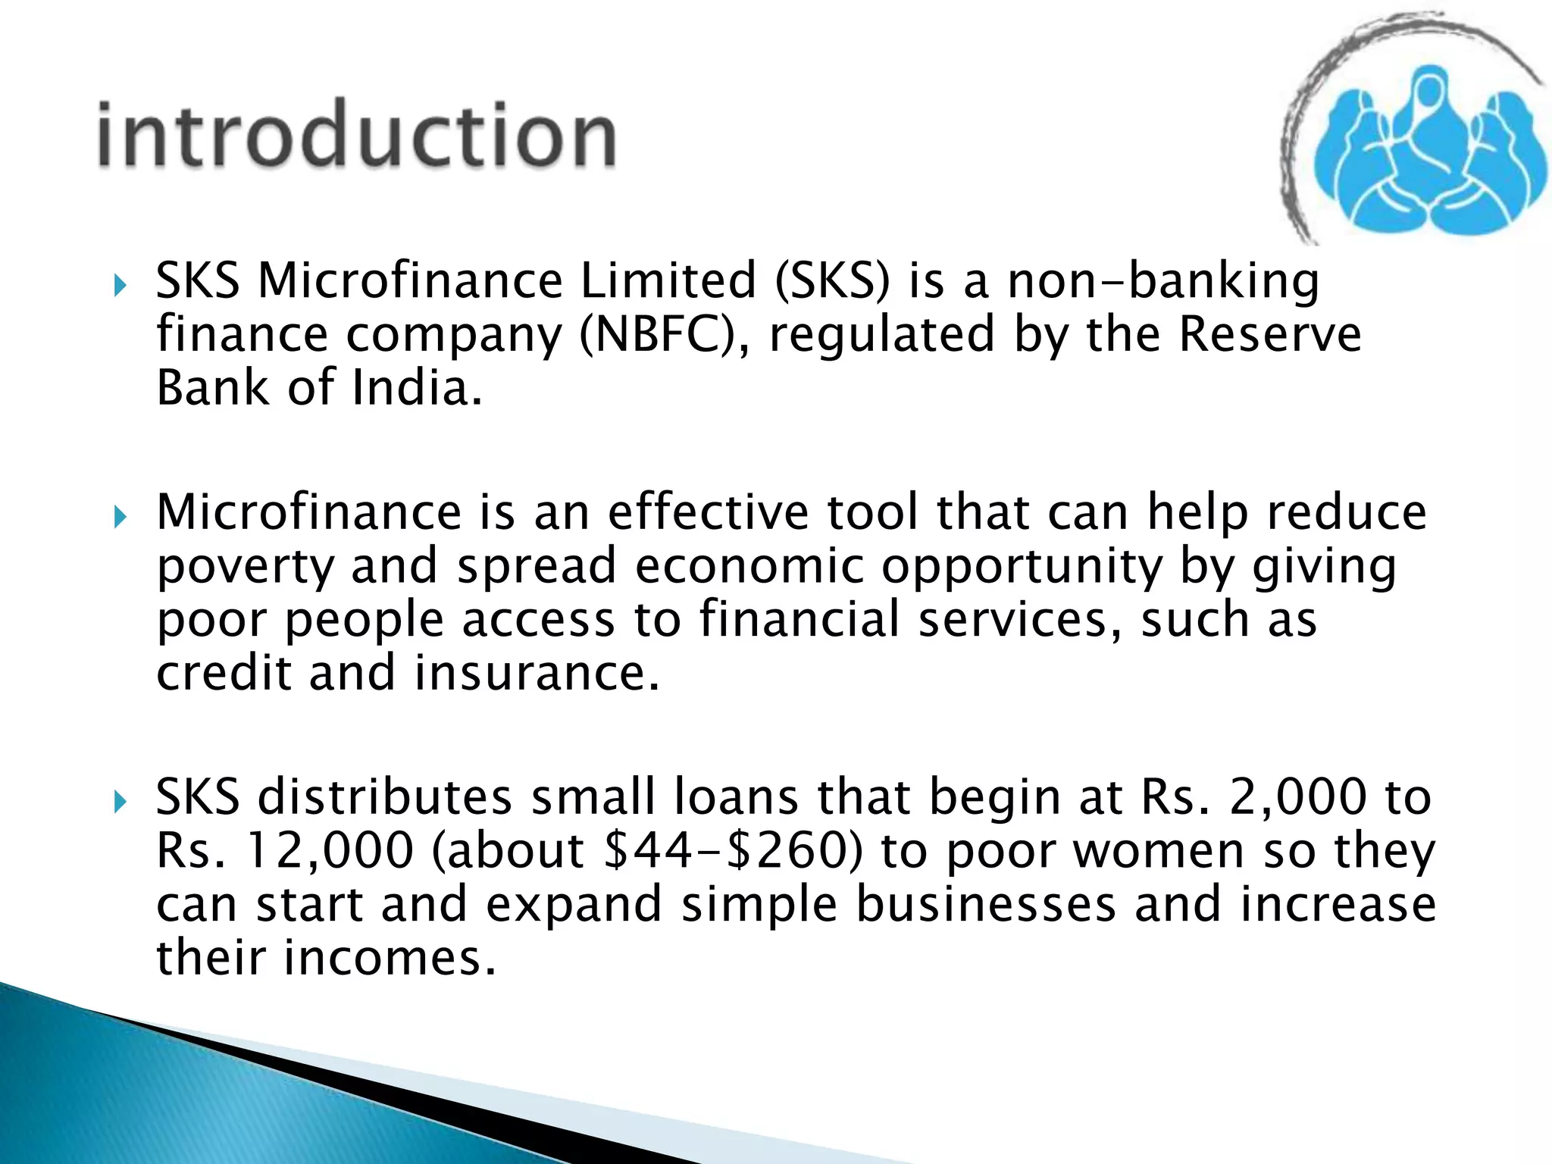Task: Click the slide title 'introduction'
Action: click(356, 136)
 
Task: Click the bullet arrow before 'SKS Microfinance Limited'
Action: click(119, 286)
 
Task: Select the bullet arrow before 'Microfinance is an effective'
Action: click(119, 518)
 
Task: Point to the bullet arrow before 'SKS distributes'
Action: click(119, 803)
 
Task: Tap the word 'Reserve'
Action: click(1270, 335)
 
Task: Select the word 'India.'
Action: click(417, 388)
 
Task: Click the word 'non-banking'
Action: click(1163, 282)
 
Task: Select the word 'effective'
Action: click(709, 512)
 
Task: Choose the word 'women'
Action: click(1159, 851)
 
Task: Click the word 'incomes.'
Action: click(390, 958)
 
